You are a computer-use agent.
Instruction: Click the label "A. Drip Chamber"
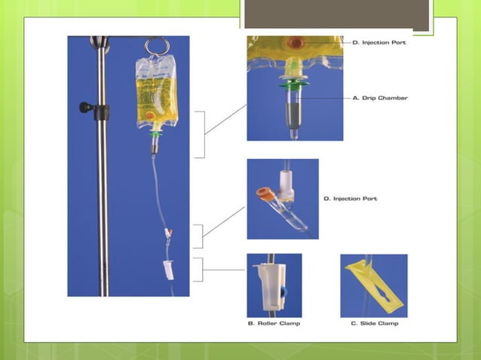click(x=381, y=98)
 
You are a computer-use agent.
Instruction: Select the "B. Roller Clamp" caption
click(x=274, y=324)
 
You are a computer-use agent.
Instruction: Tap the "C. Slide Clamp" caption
click(x=375, y=324)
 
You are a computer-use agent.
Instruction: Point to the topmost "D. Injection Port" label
click(x=380, y=43)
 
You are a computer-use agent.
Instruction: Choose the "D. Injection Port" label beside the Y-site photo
click(x=351, y=199)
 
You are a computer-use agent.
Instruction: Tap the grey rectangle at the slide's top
click(x=338, y=15)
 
